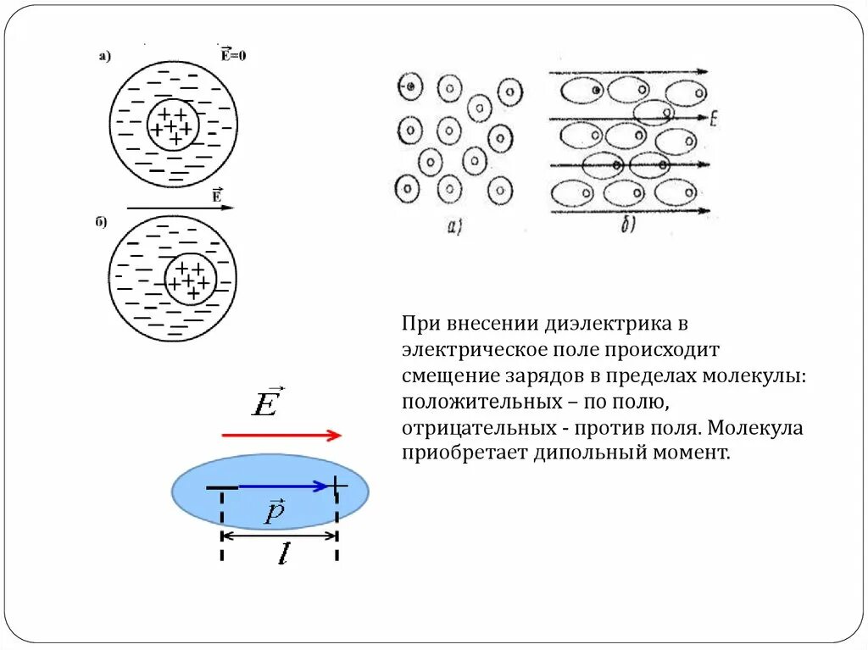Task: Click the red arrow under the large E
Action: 281,436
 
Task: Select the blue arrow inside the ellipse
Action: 283,486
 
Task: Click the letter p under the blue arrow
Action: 274,512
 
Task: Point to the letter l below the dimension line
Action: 282,555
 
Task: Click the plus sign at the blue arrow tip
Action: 337,486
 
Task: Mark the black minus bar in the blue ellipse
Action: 222,488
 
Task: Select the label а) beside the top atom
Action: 105,57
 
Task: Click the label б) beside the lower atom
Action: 101,222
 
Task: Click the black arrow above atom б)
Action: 179,207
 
